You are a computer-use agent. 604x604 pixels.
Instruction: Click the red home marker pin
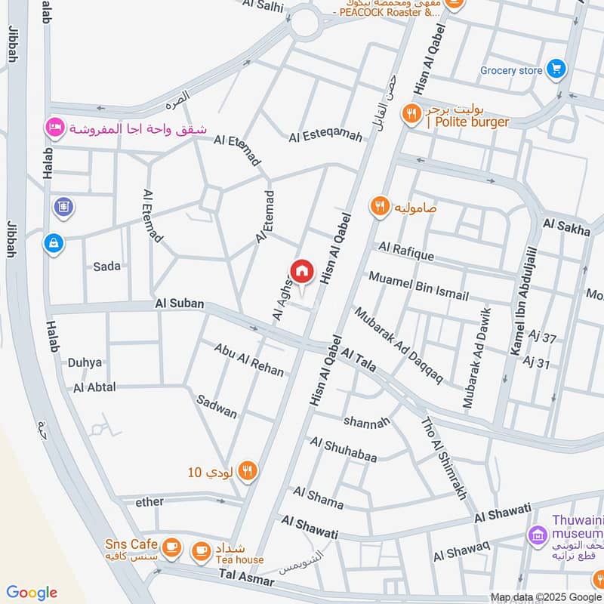click(302, 271)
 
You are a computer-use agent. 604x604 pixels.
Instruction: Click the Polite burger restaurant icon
click(411, 113)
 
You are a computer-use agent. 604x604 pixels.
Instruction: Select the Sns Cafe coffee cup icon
click(171, 544)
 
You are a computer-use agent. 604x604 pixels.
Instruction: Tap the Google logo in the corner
click(31, 593)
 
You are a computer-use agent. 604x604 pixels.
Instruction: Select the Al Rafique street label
click(406, 251)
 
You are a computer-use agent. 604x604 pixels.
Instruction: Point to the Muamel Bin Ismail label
click(418, 286)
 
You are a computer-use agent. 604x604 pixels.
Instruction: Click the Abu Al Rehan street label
click(248, 360)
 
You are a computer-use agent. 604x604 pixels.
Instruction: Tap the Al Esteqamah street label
click(325, 137)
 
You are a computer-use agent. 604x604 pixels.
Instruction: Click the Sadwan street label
click(215, 406)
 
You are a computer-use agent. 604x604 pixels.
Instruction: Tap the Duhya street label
click(85, 362)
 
